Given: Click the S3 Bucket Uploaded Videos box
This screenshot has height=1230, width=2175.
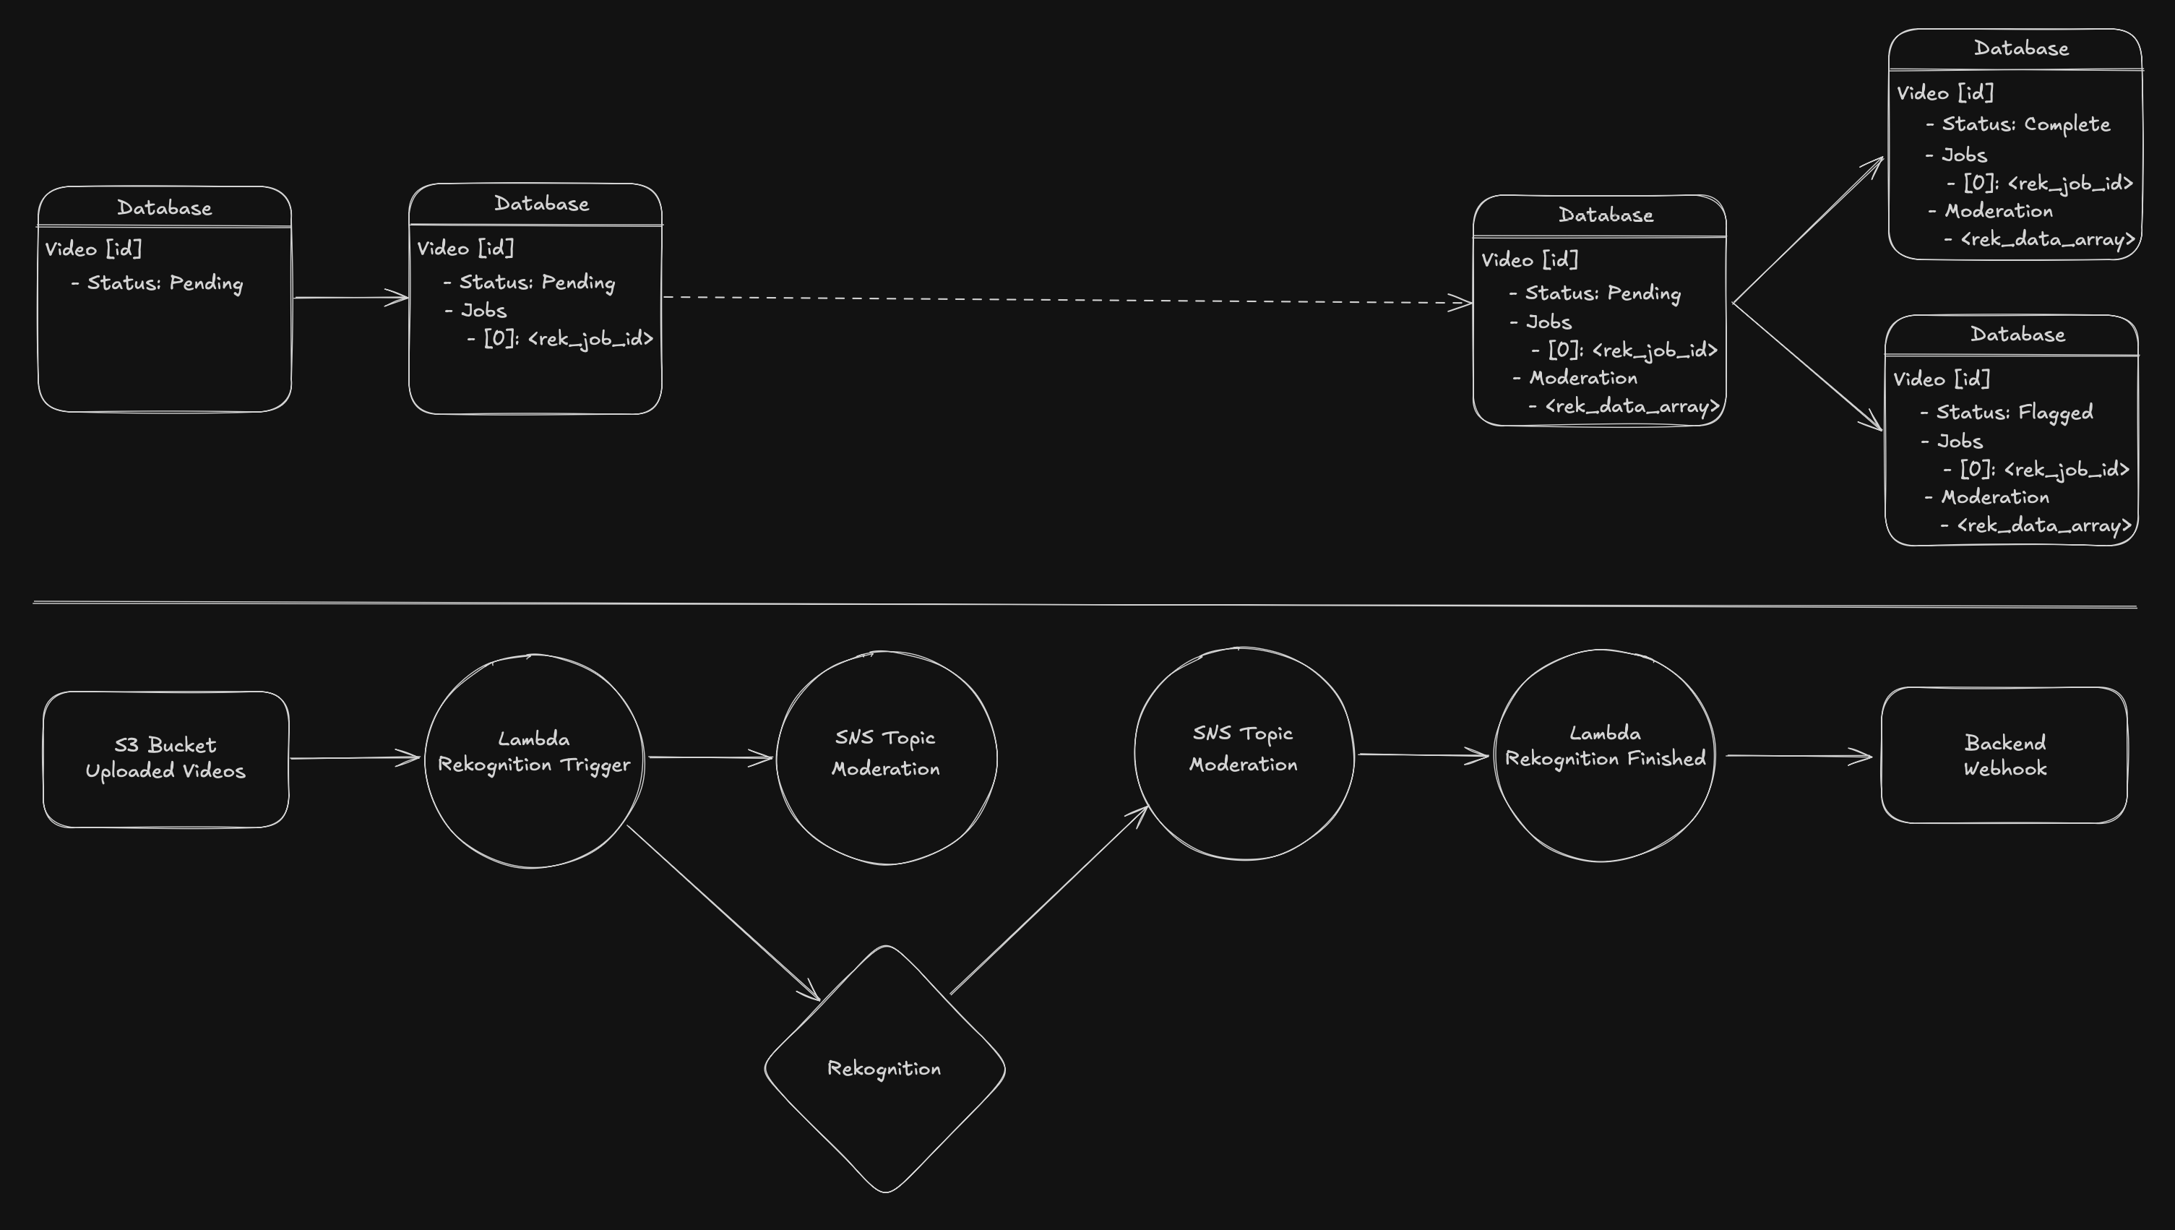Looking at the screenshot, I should click(x=165, y=759).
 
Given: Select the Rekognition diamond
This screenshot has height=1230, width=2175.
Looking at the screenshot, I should click(x=884, y=1069).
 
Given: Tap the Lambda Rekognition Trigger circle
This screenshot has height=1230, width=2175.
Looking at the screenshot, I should click(x=534, y=760).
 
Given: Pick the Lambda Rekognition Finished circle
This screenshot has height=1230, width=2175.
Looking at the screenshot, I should click(x=1604, y=755).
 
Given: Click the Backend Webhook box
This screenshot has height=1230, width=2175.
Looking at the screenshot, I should click(x=2004, y=755).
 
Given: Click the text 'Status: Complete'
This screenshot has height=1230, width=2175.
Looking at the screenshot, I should click(x=2025, y=124).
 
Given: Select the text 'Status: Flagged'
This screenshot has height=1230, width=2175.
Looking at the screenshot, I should click(x=2015, y=412).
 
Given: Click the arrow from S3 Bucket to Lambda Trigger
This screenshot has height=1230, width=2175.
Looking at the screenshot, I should click(x=355, y=758).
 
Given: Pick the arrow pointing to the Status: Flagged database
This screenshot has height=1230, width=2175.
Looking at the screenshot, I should click(x=1808, y=367).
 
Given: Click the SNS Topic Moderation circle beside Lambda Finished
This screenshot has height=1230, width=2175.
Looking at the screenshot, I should click(x=1244, y=754).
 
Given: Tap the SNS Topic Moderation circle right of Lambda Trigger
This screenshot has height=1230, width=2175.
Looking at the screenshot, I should click(x=886, y=758).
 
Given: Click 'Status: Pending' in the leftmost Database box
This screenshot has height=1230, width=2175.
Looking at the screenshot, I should click(x=165, y=283).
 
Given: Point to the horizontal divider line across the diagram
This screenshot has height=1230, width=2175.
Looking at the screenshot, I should click(x=1085, y=604).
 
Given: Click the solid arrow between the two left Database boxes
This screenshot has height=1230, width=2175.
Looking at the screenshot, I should click(x=350, y=297).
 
